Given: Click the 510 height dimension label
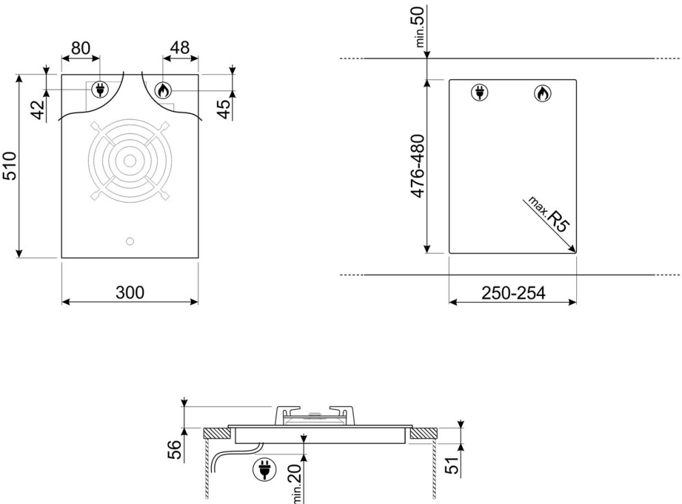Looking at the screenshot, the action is pyautogui.click(x=10, y=166).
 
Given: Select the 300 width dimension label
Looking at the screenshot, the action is pyautogui.click(x=130, y=293).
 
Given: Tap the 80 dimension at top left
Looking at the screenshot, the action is pyautogui.click(x=81, y=48).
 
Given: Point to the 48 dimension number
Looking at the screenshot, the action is pyautogui.click(x=180, y=48).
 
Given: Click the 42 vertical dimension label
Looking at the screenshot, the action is pyautogui.click(x=38, y=110).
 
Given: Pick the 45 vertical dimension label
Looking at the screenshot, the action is pyautogui.click(x=223, y=109).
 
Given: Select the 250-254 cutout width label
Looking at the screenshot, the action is pyautogui.click(x=513, y=293).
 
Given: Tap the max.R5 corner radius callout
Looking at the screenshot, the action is pyautogui.click(x=548, y=214).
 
